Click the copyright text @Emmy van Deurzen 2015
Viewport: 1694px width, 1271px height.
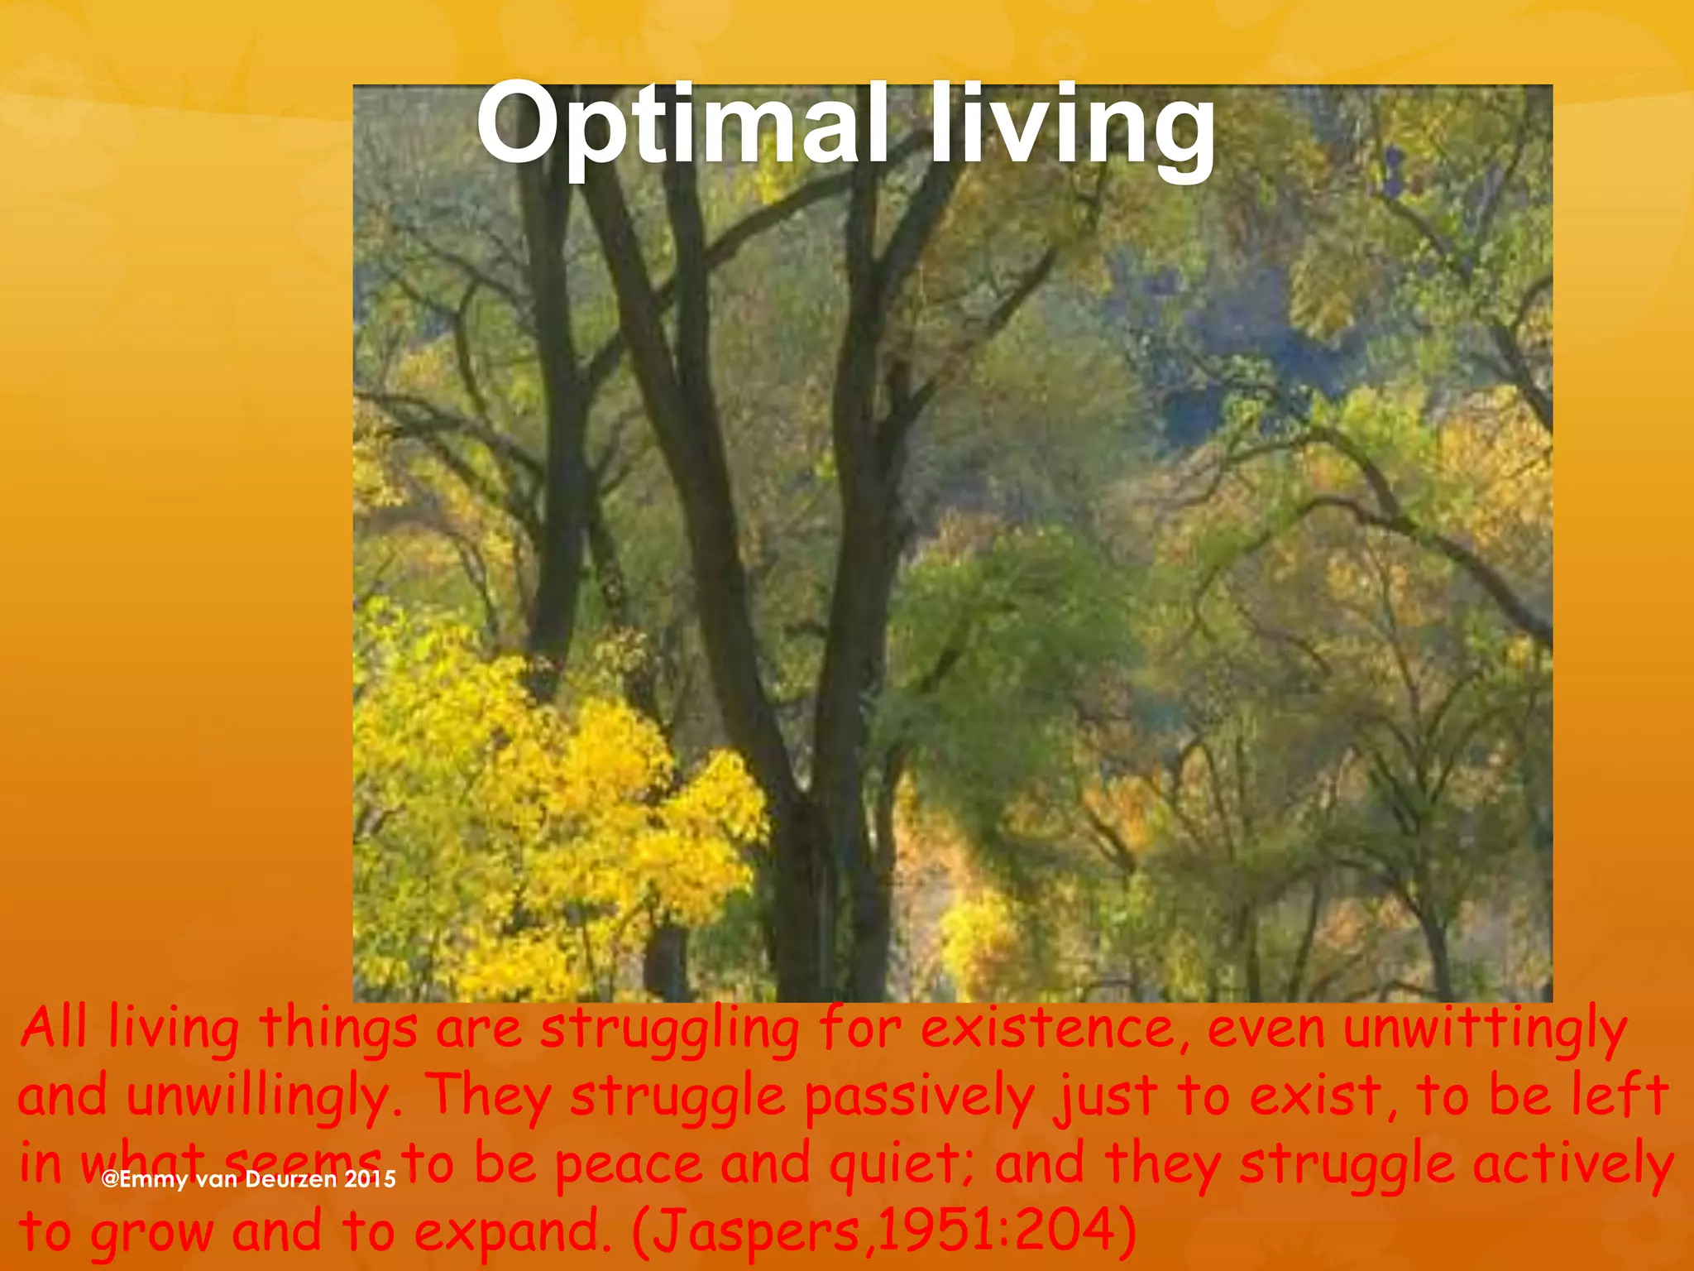click(248, 1179)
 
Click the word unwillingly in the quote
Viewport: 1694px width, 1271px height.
click(257, 1097)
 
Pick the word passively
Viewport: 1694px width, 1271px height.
click(919, 1097)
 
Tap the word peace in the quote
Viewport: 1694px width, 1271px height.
click(629, 1164)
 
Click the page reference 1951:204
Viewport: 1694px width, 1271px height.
click(993, 1231)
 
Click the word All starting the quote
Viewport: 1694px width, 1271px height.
click(54, 1029)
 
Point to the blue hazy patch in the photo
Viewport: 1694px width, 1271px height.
click(1224, 348)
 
